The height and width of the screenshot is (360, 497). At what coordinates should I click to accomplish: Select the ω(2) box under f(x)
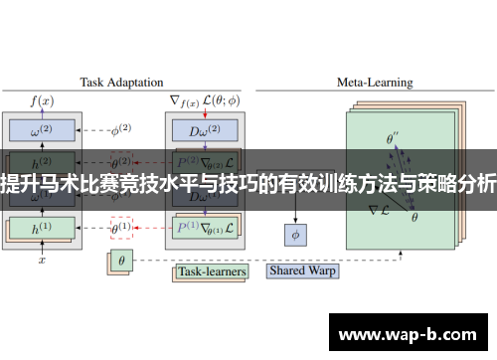42,130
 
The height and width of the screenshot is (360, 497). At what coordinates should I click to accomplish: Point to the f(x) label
42,99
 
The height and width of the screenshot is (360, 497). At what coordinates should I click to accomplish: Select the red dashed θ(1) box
120,227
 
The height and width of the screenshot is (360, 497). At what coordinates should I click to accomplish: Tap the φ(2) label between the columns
120,130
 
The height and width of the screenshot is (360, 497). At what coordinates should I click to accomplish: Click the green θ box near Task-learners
121,262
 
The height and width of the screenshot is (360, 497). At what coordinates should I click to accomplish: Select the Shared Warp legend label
303,270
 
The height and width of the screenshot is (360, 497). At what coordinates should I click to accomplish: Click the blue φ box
294,235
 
